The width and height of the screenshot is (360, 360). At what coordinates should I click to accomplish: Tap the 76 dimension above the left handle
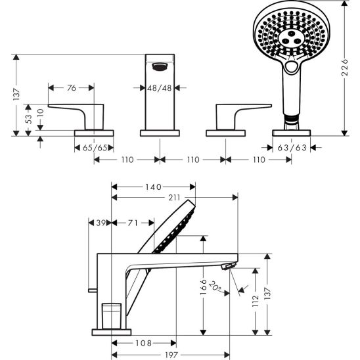point(72,87)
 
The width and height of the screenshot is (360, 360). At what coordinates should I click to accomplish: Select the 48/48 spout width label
point(160,87)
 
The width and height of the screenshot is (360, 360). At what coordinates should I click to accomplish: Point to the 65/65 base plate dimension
point(94,148)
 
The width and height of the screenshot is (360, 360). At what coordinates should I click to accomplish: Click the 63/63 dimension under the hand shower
point(292,148)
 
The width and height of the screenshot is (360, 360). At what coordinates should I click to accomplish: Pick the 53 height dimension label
point(28,118)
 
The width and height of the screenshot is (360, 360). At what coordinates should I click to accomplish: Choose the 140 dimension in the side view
point(152,187)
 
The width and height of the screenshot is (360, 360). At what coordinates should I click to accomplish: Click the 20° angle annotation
point(217,287)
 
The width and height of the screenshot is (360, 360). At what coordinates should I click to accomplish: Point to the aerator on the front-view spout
point(160,65)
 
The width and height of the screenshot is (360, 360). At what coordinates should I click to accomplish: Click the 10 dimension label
point(40,112)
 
